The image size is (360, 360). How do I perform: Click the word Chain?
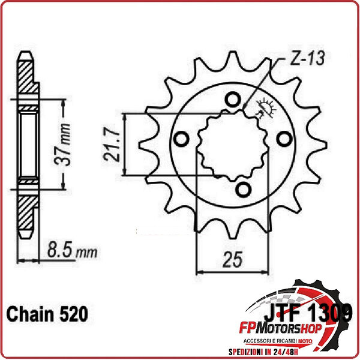point(31,313)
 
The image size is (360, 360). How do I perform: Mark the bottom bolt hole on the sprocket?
point(243,190)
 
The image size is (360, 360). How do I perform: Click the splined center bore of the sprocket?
point(231,144)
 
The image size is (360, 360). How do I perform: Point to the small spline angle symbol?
point(264,108)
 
